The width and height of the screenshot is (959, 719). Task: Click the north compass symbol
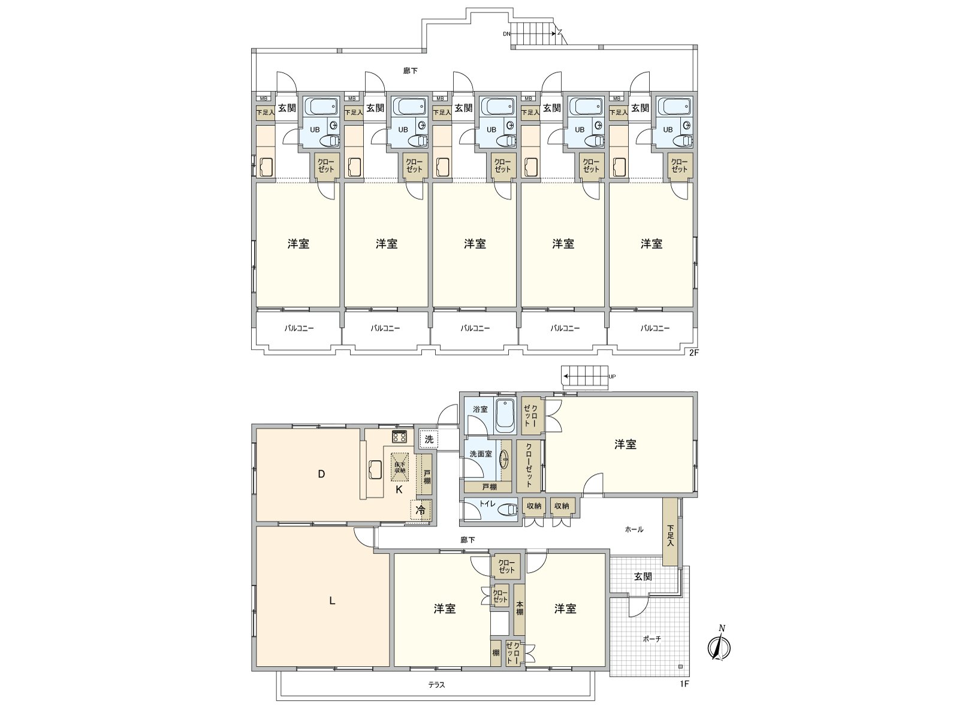(720, 646)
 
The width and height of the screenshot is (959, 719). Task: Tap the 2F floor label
(693, 353)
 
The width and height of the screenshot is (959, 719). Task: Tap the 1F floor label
(684, 684)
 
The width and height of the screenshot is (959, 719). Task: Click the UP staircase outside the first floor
(586, 377)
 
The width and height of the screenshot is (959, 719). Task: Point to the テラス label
(436, 685)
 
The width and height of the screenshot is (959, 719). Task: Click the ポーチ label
(652, 639)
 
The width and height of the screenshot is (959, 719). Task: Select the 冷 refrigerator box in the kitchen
(421, 510)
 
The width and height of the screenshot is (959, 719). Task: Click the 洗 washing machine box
(429, 439)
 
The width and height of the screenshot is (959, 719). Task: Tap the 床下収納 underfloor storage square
(399, 466)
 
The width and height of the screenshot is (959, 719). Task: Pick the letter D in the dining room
(321, 474)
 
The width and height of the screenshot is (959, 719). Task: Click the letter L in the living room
(331, 601)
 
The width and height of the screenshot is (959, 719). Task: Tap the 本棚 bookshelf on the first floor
(520, 608)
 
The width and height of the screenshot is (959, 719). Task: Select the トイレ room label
(487, 504)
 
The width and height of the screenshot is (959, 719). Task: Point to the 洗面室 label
(480, 454)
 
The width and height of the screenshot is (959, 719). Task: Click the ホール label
(634, 529)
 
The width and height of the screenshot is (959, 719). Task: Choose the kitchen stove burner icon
(400, 436)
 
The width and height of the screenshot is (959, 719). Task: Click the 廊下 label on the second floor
(410, 71)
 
